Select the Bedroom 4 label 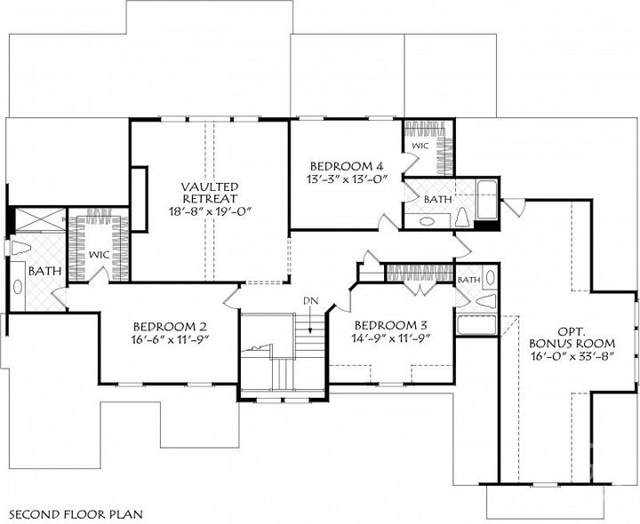(x=346, y=166)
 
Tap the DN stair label (x=310, y=300)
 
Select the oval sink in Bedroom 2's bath (x=18, y=286)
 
